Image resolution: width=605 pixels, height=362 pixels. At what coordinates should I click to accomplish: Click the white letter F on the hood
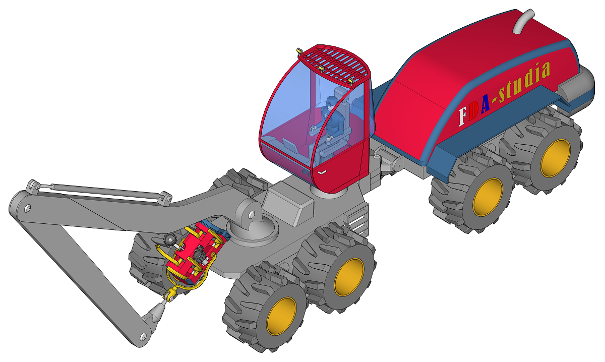tap(463, 116)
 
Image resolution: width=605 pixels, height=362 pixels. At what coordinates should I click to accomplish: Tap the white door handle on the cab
tap(322, 172)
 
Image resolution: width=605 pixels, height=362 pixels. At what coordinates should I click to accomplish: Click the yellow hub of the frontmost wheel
tap(281, 316)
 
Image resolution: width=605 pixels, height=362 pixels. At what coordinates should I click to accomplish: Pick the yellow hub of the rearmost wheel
tap(556, 158)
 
